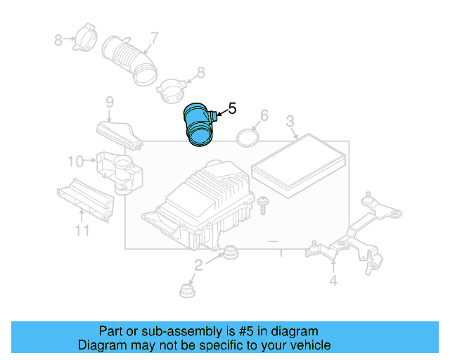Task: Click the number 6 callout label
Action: pyautogui.click(x=264, y=115)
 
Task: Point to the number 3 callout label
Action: pyautogui.click(x=290, y=124)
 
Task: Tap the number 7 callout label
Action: pyautogui.click(x=153, y=38)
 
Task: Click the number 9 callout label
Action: pyautogui.click(x=110, y=103)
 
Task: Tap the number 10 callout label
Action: pyautogui.click(x=76, y=162)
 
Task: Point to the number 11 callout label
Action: pyautogui.click(x=82, y=231)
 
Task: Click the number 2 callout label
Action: pyautogui.click(x=198, y=265)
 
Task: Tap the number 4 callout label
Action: pyautogui.click(x=333, y=281)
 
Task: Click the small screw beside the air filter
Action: pyautogui.click(x=263, y=204)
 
